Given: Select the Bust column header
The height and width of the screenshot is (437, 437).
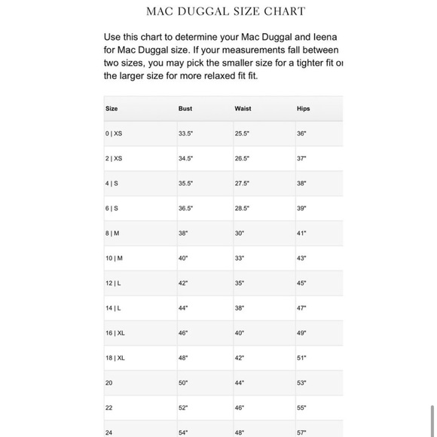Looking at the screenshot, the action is (185, 108).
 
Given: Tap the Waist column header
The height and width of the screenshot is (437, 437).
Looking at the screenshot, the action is (243, 108).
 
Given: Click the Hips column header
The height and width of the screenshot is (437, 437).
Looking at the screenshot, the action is (303, 108).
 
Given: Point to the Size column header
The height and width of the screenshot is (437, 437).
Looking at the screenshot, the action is (112, 108).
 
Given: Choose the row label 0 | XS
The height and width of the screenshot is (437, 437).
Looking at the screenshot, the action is (114, 133).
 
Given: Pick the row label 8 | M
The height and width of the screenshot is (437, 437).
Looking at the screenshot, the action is (112, 234).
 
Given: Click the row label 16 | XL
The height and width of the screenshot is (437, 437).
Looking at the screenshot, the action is (115, 333).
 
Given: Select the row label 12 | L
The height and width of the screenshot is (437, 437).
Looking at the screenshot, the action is (113, 283).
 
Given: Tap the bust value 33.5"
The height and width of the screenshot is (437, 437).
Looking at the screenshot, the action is (186, 133).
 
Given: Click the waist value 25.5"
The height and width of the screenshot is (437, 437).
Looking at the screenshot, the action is (242, 133).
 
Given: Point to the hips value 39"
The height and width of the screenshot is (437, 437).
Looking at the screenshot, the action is (301, 208).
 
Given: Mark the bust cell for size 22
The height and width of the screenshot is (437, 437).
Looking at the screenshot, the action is (183, 408).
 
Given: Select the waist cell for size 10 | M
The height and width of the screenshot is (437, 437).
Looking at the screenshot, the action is (240, 258).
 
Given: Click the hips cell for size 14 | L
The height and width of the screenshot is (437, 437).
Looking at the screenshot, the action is (301, 308).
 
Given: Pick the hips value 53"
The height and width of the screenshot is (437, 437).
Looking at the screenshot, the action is (301, 383).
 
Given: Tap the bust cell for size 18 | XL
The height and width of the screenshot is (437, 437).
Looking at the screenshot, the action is (183, 358).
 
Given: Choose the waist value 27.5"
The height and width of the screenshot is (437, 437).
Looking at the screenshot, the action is (242, 183).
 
